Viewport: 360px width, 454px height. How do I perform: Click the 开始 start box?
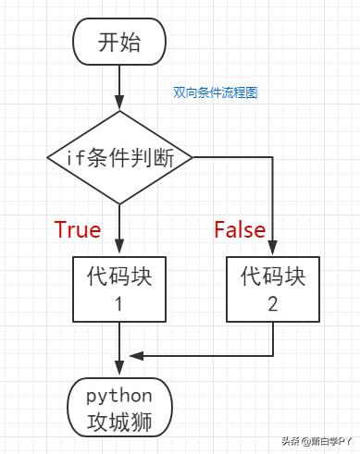click(118, 43)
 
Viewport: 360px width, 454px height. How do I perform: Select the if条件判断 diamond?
click(119, 157)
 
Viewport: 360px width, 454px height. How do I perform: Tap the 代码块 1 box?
click(118, 288)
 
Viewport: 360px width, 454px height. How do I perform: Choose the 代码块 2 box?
click(272, 288)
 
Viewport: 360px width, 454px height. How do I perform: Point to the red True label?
click(77, 229)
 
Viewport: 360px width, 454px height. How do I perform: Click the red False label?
click(240, 229)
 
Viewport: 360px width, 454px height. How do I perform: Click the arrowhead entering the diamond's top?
click(119, 104)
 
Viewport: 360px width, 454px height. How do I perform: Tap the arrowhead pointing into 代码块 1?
click(119, 249)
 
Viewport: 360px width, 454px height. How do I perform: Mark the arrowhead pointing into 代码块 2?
click(273, 249)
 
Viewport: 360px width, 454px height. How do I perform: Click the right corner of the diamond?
click(193, 157)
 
